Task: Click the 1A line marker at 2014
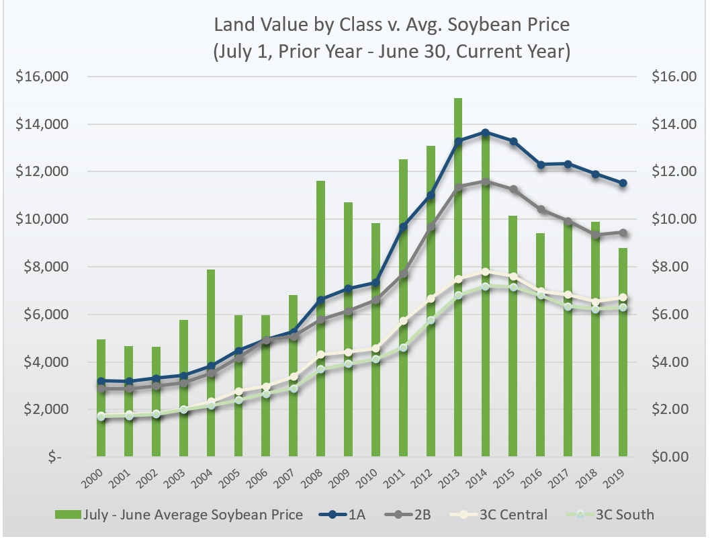[x=485, y=132]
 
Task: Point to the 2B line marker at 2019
[x=623, y=233]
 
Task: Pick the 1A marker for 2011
[x=403, y=227]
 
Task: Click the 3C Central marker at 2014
[x=485, y=272]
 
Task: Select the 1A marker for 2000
[x=101, y=381]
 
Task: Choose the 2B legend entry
[x=410, y=515]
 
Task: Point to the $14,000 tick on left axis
[x=42, y=124]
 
